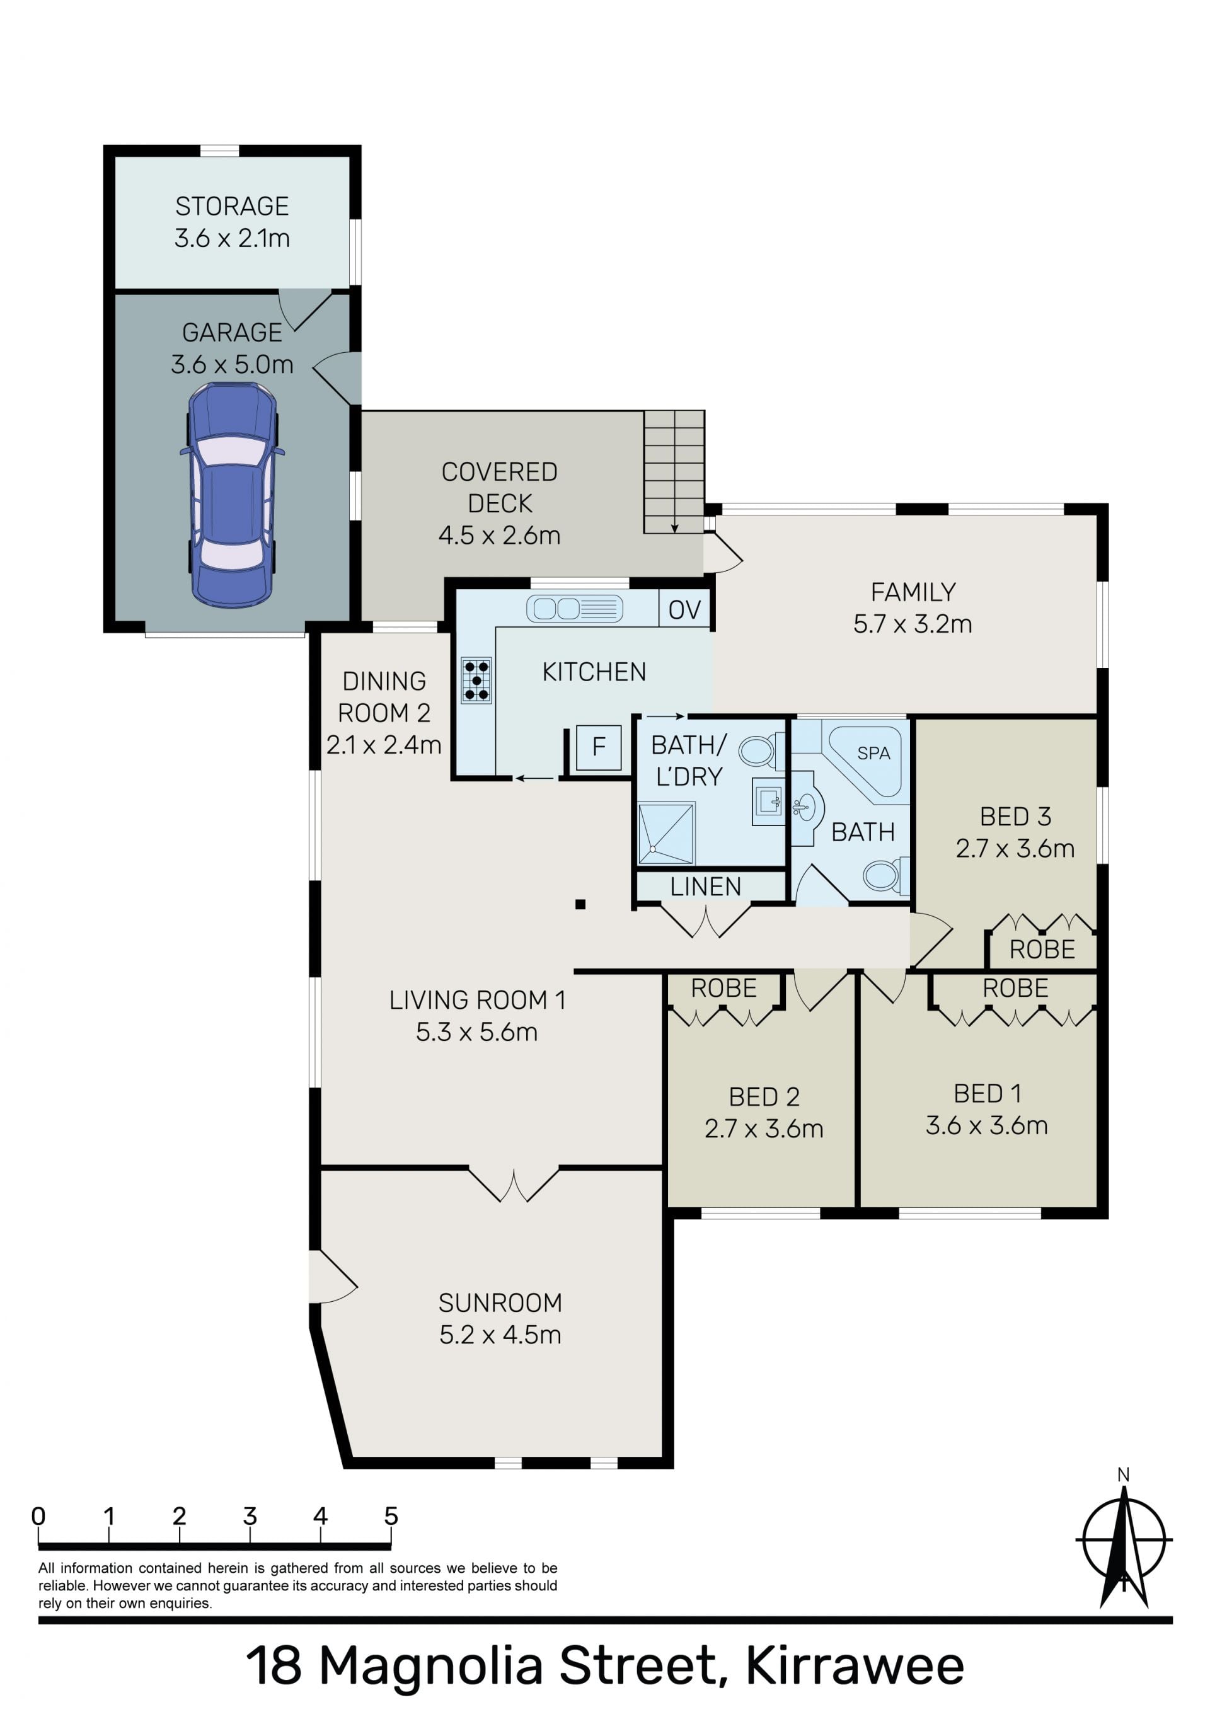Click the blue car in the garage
pyautogui.click(x=232, y=495)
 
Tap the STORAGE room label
pyautogui.click(x=232, y=206)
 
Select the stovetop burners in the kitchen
pyautogui.click(x=476, y=680)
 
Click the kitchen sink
pyautogui.click(x=574, y=609)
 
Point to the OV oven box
pyautogui.click(x=684, y=609)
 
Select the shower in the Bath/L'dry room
pyautogui.click(x=666, y=833)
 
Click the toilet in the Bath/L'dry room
pyautogui.click(x=761, y=751)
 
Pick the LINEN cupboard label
pyautogui.click(x=706, y=887)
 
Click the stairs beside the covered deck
pyautogui.click(x=674, y=471)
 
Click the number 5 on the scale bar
pyautogui.click(x=391, y=1516)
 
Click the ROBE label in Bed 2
pyautogui.click(x=723, y=988)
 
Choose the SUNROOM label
pyautogui.click(x=500, y=1302)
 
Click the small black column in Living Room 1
pyautogui.click(x=580, y=904)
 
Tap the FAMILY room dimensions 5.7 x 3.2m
pyautogui.click(x=913, y=624)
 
